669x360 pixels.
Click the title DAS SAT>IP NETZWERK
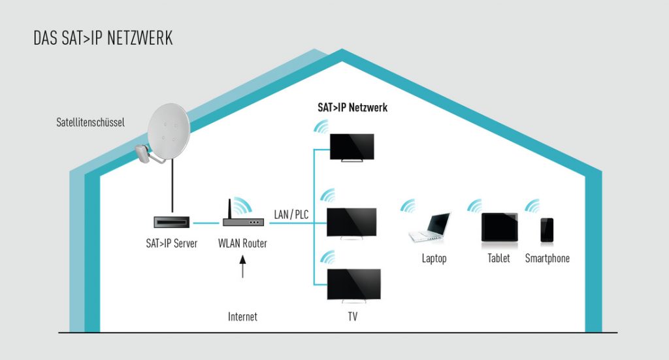tap(103, 38)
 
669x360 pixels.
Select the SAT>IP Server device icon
tap(172, 223)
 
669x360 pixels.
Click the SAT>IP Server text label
tap(172, 244)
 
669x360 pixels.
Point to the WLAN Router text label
tap(242, 244)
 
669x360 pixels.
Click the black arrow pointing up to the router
tap(243, 267)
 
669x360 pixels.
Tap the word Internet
tap(242, 317)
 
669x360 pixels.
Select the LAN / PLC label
tap(291, 214)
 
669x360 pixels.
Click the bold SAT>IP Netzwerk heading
tap(352, 107)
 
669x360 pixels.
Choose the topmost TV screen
tap(351, 146)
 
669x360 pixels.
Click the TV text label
tap(353, 317)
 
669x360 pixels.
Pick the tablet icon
tap(499, 227)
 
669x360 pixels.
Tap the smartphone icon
tap(547, 230)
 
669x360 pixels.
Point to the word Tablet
tap(498, 258)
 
